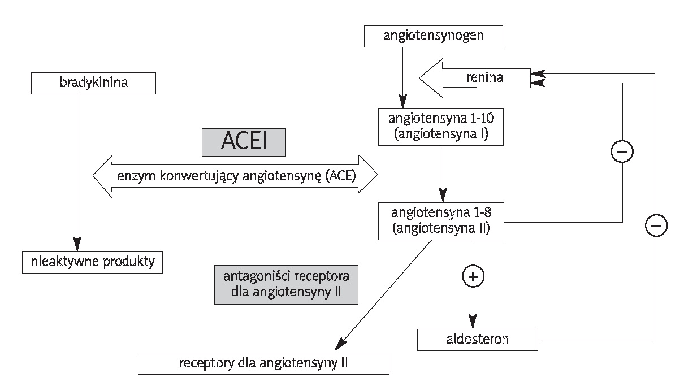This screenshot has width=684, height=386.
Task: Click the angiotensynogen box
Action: tap(434, 37)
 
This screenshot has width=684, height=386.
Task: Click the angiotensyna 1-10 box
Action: tap(441, 127)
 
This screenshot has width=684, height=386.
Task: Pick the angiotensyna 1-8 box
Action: tap(441, 221)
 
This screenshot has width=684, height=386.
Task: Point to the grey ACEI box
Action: tap(244, 142)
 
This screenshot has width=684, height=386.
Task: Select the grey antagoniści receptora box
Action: tap(286, 285)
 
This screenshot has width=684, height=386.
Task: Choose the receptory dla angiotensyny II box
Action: tap(263, 363)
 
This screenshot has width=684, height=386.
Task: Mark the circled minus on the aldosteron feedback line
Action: tap(655, 225)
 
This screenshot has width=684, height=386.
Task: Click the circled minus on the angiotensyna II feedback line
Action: tap(622, 151)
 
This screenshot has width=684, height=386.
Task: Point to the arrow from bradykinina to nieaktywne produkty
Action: tap(76, 170)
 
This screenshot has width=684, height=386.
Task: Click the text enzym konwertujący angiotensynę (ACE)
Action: tap(236, 176)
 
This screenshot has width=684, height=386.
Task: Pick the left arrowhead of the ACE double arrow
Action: tap(102, 176)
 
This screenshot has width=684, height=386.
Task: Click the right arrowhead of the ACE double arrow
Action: tap(368, 176)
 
